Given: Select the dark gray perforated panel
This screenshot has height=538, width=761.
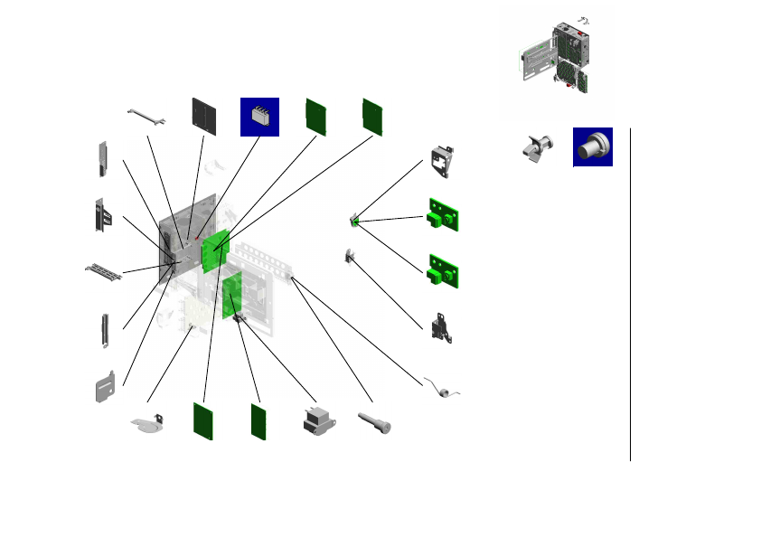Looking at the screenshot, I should point(204,116).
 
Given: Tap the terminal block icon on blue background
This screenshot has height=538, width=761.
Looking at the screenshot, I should point(259,117).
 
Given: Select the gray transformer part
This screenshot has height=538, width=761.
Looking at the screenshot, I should point(317,422).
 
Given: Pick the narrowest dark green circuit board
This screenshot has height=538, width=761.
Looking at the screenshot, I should point(259,421).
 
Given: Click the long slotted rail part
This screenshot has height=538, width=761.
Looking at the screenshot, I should point(104,270).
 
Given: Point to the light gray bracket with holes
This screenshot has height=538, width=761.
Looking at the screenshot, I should point(443,162).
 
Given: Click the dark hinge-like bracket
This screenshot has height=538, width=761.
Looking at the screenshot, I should point(442,325).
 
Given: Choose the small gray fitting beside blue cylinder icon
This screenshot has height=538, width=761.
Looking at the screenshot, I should point(535,148).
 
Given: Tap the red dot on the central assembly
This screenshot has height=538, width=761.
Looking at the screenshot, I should point(197,239).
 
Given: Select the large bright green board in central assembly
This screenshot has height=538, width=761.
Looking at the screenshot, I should point(216,250).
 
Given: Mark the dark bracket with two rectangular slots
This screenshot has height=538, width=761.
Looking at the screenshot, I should point(103,215).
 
